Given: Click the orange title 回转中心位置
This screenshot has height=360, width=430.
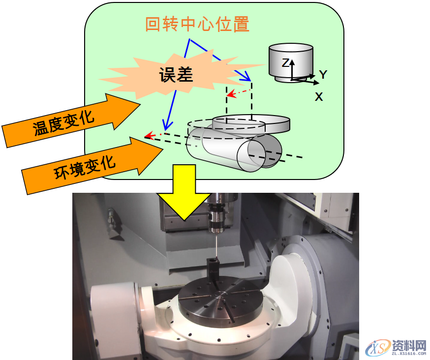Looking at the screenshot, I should (x=197, y=24).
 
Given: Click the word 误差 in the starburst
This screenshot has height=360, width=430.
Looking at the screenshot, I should (x=176, y=74).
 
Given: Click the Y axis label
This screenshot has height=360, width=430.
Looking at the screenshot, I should (x=323, y=75).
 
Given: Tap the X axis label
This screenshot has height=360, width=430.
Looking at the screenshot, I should (x=319, y=97).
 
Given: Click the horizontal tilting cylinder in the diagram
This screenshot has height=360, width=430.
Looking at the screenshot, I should (x=231, y=148).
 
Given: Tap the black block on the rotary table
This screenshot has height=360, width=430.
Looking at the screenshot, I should (x=212, y=270).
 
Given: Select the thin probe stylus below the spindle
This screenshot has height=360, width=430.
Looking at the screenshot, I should (x=215, y=245).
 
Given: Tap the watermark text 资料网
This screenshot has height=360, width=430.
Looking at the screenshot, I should (x=409, y=345).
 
